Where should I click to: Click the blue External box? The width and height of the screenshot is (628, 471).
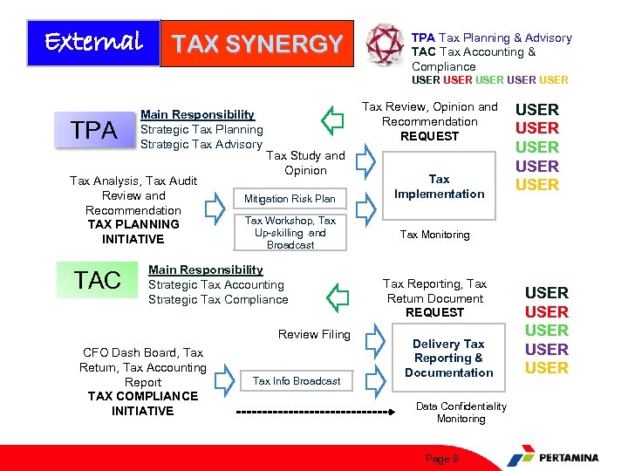tap(93, 43)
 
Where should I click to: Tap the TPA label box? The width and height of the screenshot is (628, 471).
tap(94, 131)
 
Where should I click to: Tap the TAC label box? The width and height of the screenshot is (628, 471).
tap(97, 280)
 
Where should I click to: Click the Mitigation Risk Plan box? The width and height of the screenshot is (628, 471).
tap(290, 199)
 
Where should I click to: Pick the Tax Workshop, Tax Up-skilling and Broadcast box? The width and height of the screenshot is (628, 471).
tap(290, 233)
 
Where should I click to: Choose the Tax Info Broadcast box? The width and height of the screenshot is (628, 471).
tap(296, 381)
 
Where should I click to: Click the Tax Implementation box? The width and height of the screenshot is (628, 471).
tap(439, 187)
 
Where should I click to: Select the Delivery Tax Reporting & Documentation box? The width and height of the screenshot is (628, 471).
tap(448, 358)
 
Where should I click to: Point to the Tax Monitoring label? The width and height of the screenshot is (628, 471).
tap(434, 235)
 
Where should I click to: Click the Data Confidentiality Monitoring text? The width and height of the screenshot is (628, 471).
tap(461, 413)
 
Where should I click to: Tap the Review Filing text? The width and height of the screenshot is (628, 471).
tap(314, 334)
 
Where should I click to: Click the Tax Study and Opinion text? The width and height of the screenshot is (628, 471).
tap(305, 163)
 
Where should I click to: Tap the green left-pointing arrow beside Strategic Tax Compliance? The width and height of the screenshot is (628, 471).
tap(337, 297)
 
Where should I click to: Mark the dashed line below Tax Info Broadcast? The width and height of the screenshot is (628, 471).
tap(311, 411)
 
